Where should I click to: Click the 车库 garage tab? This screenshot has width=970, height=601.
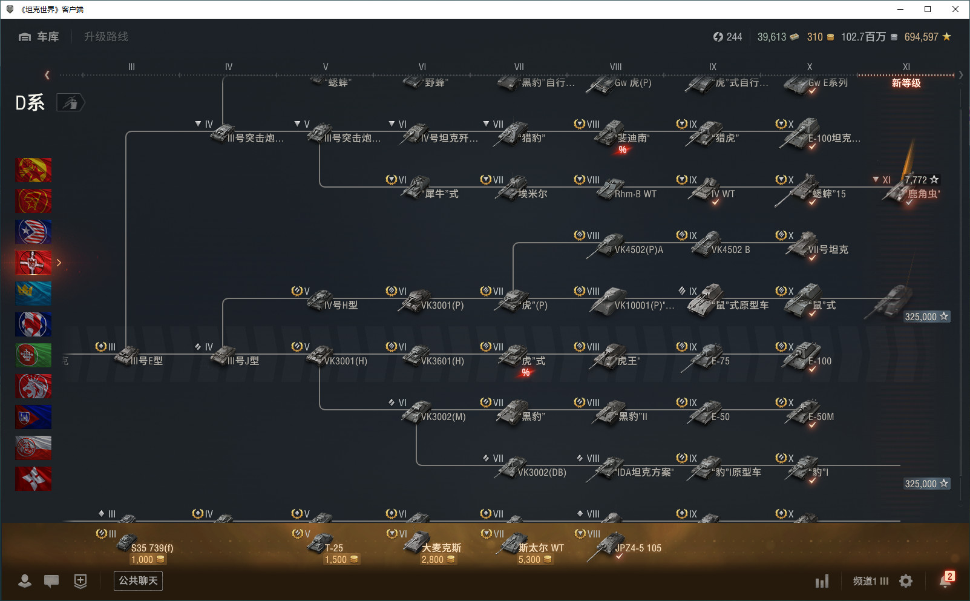39,37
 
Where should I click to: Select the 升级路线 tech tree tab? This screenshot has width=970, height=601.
106,37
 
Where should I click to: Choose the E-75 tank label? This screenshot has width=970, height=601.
720,361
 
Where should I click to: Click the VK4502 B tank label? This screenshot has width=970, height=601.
730,250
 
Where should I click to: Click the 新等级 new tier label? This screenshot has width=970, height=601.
906,84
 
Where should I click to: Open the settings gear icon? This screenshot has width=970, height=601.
906,581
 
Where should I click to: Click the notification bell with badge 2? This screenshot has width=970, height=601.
945,580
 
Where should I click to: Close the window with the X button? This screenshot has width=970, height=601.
955,9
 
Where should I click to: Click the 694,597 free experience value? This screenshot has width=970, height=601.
921,37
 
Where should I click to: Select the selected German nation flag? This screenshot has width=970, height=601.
33,263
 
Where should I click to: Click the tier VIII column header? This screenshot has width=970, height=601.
615,67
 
